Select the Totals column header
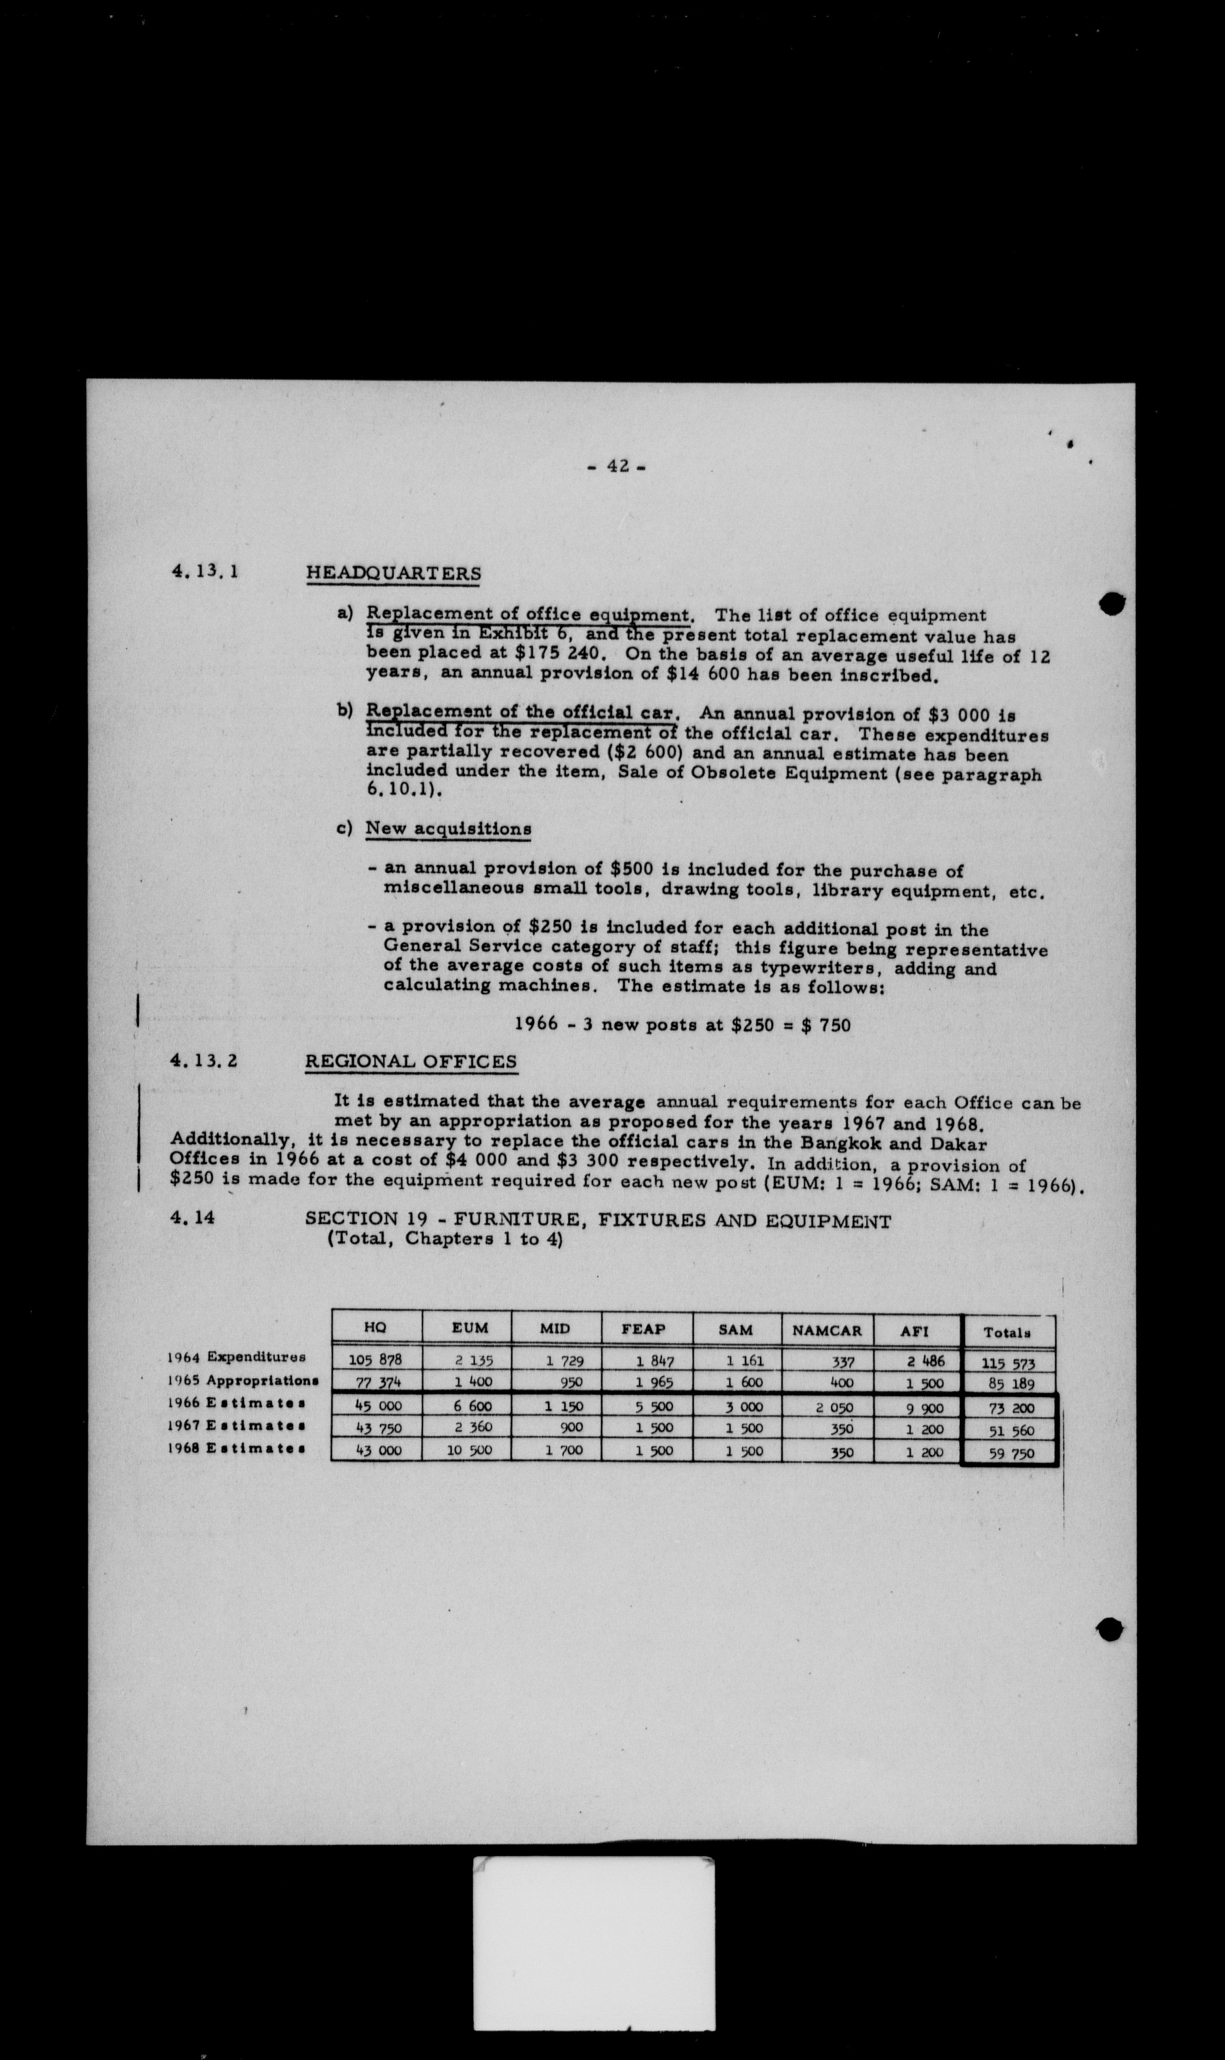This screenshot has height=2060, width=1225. pos(1007,1332)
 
